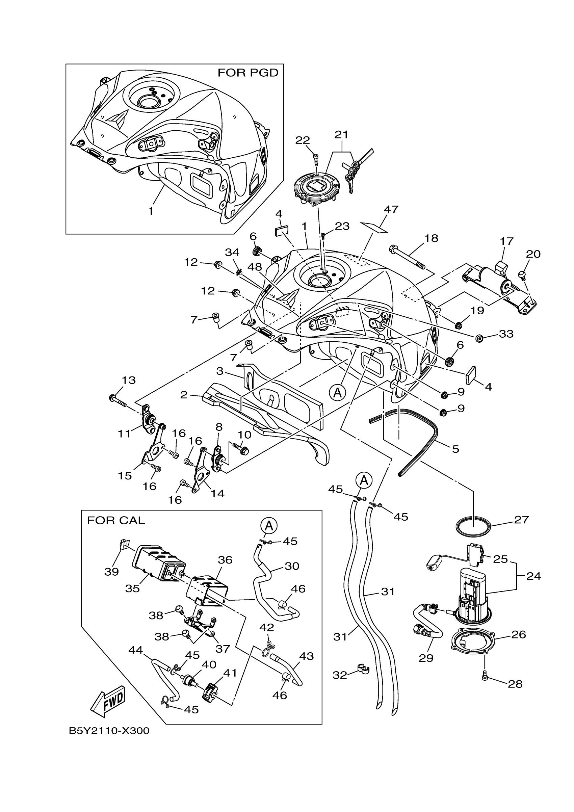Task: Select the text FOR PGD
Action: pyautogui.click(x=248, y=73)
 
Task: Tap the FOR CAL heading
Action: pyautogui.click(x=116, y=520)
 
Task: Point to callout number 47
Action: pyautogui.click(x=391, y=209)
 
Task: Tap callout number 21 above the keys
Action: pyautogui.click(x=341, y=135)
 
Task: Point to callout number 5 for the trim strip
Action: pyautogui.click(x=455, y=449)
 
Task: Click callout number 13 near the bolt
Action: pyautogui.click(x=129, y=380)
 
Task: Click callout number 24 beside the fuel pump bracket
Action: pyautogui.click(x=533, y=576)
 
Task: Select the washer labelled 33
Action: pyautogui.click(x=479, y=338)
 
